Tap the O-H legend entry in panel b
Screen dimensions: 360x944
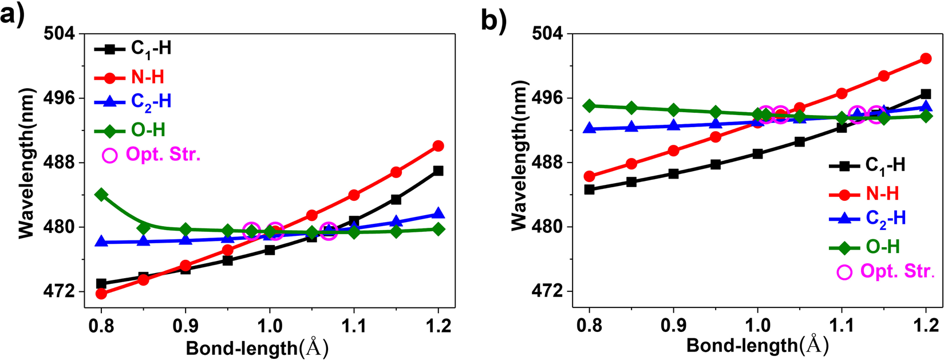pyautogui.click(x=882, y=247)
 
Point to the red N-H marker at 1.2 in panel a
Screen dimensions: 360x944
pyautogui.click(x=438, y=146)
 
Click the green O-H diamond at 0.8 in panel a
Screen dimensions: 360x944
pyautogui.click(x=101, y=195)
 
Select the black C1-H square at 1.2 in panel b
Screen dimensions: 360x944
pyautogui.click(x=926, y=94)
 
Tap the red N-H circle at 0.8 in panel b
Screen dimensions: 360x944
pyautogui.click(x=589, y=176)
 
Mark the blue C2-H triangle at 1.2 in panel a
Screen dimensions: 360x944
pyautogui.click(x=438, y=213)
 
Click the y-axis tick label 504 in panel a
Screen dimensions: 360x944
pyautogui.click(x=59, y=34)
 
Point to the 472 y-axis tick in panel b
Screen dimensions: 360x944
pyautogui.click(x=547, y=292)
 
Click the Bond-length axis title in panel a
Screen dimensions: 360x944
pyautogui.click(x=257, y=347)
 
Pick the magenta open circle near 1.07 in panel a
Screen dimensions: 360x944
pyautogui.click(x=328, y=231)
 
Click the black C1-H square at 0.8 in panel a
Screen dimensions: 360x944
pyautogui.click(x=101, y=283)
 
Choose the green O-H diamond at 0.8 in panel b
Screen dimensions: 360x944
pyautogui.click(x=589, y=106)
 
